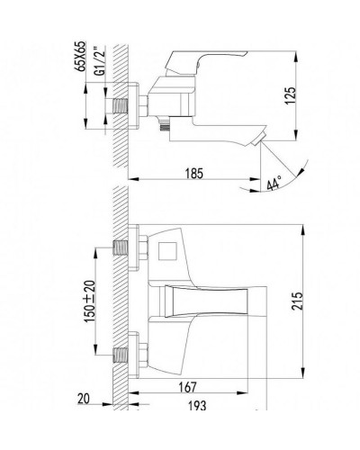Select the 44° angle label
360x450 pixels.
click(274, 185)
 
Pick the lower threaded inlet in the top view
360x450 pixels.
click(121, 352)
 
